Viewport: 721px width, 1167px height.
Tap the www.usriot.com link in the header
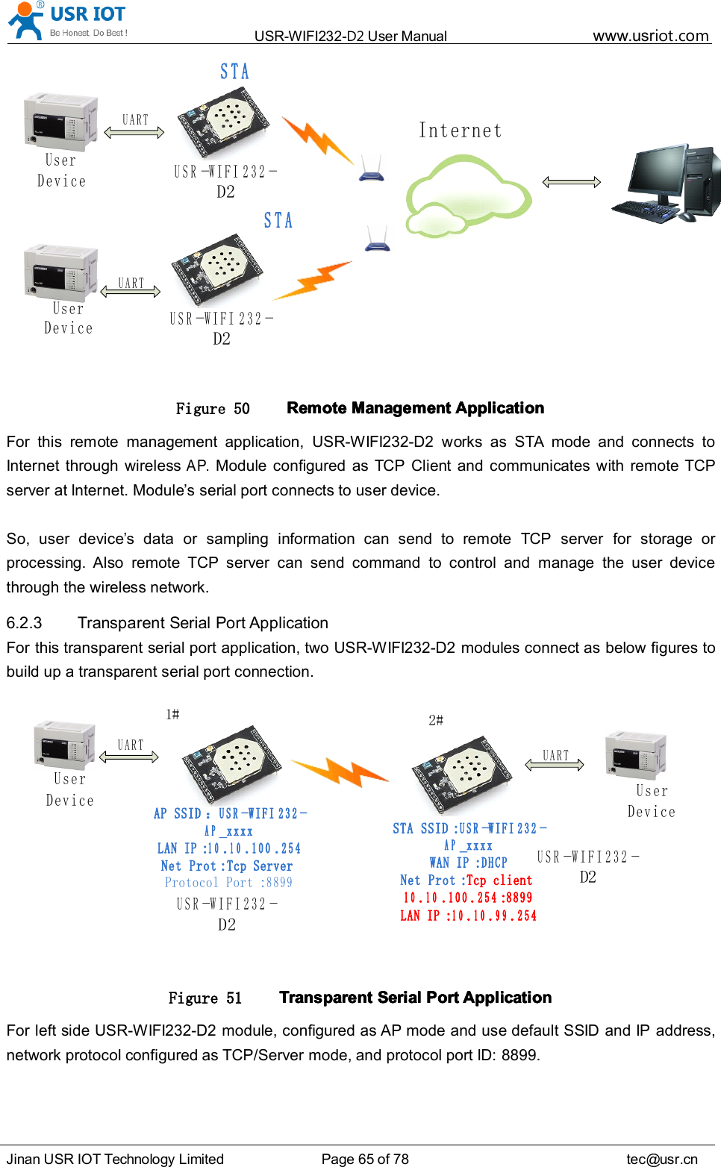pyautogui.click(x=650, y=36)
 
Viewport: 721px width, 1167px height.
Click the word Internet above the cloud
pyautogui.click(x=460, y=131)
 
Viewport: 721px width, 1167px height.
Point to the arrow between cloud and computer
pyautogui.click(x=571, y=182)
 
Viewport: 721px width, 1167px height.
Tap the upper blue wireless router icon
pyautogui.click(x=371, y=169)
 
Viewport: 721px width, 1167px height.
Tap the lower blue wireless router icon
pyautogui.click(x=378, y=240)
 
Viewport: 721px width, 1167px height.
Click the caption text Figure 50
pyautogui.click(x=212, y=409)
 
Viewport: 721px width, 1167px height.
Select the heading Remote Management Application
pyautogui.click(x=415, y=408)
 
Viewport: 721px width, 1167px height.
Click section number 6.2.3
pyautogui.click(x=25, y=623)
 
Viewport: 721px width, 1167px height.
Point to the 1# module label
pyautogui.click(x=172, y=714)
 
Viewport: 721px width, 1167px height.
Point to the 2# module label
pyautogui.click(x=436, y=720)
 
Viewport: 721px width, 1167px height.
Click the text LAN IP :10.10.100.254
pyautogui.click(x=228, y=848)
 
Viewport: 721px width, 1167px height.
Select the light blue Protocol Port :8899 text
pyautogui.click(x=228, y=883)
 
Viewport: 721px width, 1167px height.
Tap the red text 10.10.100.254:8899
pyautogui.click(x=468, y=898)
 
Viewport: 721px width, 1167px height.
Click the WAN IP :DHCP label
pyautogui.click(x=468, y=863)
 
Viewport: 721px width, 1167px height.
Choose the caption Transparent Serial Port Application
pyautogui.click(x=415, y=998)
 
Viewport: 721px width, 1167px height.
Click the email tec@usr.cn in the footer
pyautogui.click(x=661, y=1159)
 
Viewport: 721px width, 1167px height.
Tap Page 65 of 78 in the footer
pyautogui.click(x=365, y=1159)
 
